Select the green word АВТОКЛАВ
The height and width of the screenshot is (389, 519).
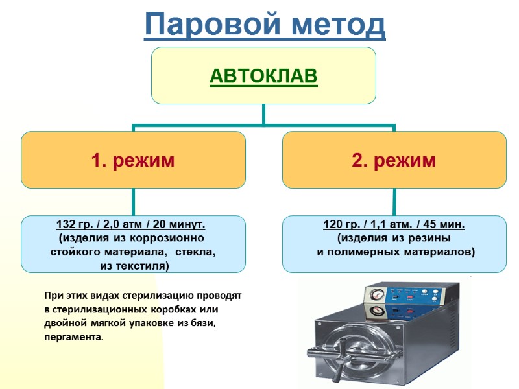pos(263,77)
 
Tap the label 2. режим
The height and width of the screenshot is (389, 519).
pos(394,160)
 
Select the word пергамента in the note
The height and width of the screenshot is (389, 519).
pos(73,338)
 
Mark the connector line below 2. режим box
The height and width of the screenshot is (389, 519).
pos(394,202)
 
